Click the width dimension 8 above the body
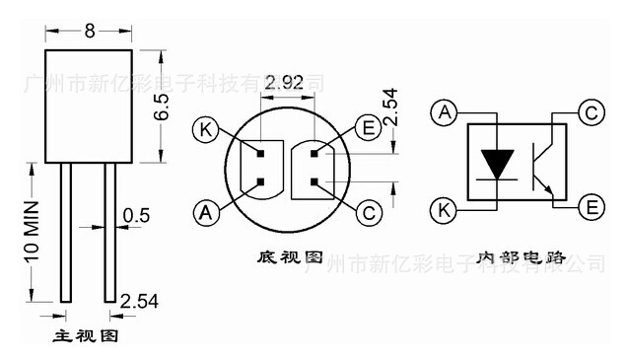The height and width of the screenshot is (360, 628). pos(89,31)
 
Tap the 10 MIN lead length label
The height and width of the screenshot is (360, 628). pos(31,232)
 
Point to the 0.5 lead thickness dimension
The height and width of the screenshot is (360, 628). pos(136,215)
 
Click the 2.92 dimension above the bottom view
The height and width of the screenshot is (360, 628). pos(285,83)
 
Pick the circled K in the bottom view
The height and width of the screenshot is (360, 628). pos(205,129)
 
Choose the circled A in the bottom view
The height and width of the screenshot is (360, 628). pos(205,211)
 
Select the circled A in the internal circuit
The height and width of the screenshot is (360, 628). pos(444,112)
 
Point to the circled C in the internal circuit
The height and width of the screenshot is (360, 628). pos(592,112)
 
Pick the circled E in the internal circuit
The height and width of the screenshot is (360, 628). pos(592,207)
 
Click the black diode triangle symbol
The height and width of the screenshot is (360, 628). pos(496,161)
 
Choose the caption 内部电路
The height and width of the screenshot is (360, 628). pos(520,257)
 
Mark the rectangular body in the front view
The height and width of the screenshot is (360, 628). pos(89,106)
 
